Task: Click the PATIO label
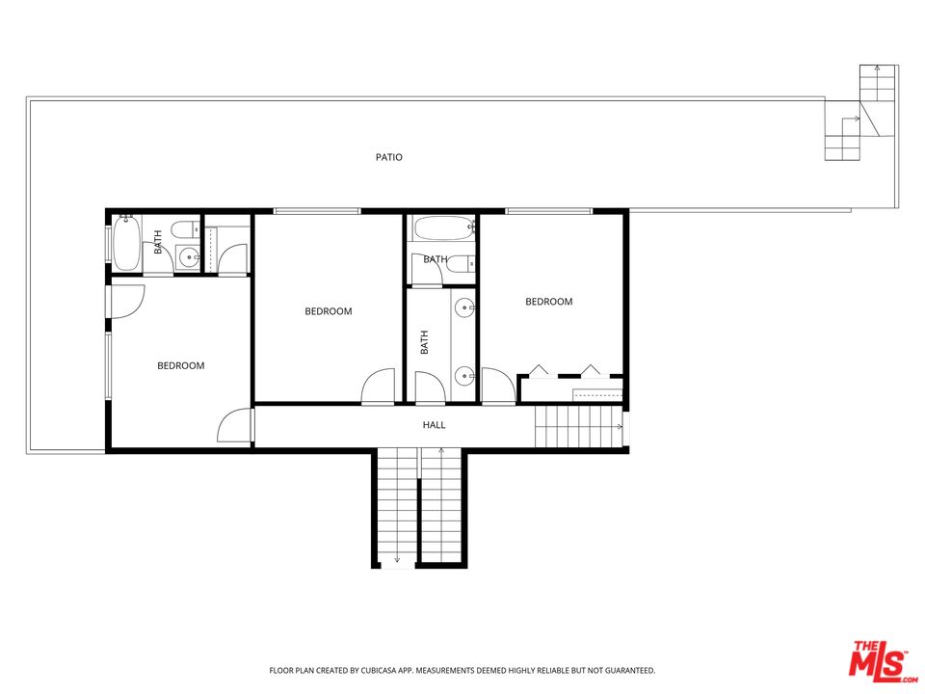(x=389, y=157)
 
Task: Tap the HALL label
(x=435, y=425)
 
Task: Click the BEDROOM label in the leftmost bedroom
(x=181, y=365)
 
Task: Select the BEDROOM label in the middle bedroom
(x=329, y=311)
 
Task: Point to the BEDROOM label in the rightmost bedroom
(x=548, y=302)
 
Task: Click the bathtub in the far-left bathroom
(x=126, y=245)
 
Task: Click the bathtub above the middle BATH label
(x=442, y=228)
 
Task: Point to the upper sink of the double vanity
(x=464, y=308)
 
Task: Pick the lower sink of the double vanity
(x=464, y=375)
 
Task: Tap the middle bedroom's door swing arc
(x=378, y=386)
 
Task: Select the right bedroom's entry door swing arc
(x=497, y=386)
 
